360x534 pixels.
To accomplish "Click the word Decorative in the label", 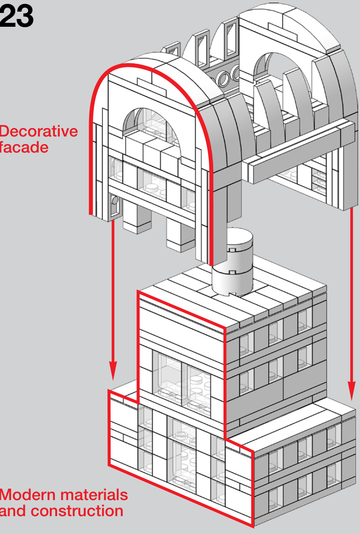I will [x=38, y=132].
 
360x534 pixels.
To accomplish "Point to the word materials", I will [x=94, y=495].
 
